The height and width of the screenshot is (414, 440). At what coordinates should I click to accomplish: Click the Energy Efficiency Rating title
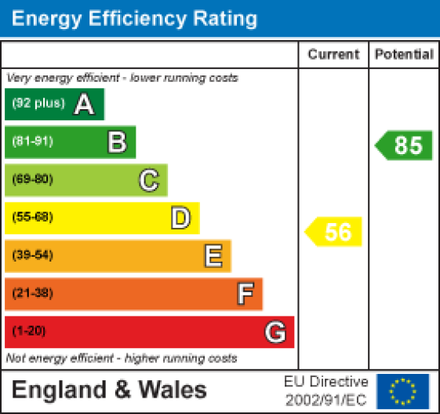click(134, 18)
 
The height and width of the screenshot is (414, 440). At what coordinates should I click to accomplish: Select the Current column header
click(333, 54)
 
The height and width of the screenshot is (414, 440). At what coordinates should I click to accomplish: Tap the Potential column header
click(404, 54)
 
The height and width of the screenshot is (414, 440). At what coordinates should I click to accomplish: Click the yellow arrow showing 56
click(335, 232)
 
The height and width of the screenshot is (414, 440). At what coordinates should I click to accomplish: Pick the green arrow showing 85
click(405, 145)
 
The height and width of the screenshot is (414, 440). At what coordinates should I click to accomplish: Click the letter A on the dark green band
click(84, 104)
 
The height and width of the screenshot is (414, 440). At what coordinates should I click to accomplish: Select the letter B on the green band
click(117, 142)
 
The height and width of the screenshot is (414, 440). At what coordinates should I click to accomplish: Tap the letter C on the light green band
click(149, 180)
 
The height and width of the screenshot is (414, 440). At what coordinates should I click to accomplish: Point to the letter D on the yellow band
click(180, 218)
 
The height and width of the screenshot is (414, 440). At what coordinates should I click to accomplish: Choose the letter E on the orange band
click(213, 255)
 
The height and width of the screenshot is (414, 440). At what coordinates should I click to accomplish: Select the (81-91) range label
click(32, 142)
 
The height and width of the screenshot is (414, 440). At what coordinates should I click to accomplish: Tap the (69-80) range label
click(32, 180)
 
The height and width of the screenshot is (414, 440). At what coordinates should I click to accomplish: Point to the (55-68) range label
click(32, 218)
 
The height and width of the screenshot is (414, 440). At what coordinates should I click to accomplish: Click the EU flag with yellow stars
click(403, 390)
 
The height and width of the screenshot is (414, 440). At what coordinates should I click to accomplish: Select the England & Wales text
click(110, 390)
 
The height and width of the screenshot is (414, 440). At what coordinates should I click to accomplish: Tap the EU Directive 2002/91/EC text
click(325, 390)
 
